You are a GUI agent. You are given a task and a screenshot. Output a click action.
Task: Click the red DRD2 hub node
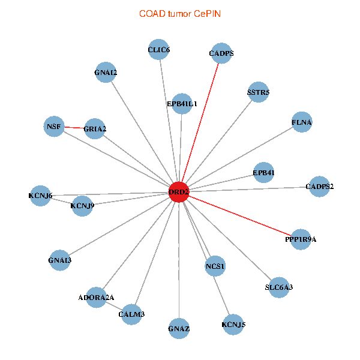pyautogui.click(x=179, y=192)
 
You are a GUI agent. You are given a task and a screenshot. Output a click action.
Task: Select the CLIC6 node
pyautogui.click(x=159, y=50)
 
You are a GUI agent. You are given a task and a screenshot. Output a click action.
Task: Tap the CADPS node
pyautogui.click(x=221, y=53)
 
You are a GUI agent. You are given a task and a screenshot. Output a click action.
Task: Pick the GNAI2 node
pyautogui.click(x=106, y=73)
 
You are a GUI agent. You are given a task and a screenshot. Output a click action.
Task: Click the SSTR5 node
pyautogui.click(x=258, y=92)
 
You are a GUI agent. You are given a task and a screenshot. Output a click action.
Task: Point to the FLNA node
pyautogui.click(x=302, y=122)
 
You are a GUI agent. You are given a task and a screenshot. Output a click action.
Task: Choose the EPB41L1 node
pyautogui.click(x=182, y=104)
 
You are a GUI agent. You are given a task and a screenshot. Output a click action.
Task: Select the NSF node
pyautogui.click(x=54, y=126)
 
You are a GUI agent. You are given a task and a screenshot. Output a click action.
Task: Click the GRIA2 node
pyautogui.click(x=95, y=129)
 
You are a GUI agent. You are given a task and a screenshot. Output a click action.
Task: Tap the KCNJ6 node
pyautogui.click(x=40, y=196)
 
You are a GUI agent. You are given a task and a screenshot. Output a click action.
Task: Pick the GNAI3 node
pyautogui.click(x=59, y=260)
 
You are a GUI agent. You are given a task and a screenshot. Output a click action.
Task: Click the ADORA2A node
pyautogui.click(x=96, y=297)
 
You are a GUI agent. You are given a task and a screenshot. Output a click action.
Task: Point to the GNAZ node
pyautogui.click(x=179, y=329)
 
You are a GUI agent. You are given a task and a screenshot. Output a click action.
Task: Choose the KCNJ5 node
pyautogui.click(x=233, y=325)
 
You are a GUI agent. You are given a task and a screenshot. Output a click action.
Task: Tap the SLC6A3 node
pyautogui.click(x=279, y=287)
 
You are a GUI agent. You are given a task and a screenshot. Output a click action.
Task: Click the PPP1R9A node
pyautogui.click(x=300, y=239)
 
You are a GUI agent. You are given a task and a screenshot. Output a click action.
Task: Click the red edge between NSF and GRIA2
pyautogui.click(x=74, y=127)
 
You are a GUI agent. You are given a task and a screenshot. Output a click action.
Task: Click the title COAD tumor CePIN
pyautogui.click(x=179, y=13)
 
